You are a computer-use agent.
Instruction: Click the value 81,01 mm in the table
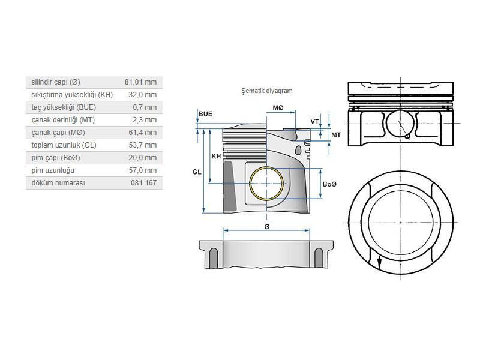coord(140,82)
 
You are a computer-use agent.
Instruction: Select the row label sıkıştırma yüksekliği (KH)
coord(72,95)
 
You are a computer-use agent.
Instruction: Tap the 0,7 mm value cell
coord(145,107)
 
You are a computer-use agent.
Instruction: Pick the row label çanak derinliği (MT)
coord(63,119)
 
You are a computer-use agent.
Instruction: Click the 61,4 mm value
coord(143,133)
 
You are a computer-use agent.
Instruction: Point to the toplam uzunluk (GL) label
coord(64,145)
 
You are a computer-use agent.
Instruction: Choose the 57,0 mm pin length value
coord(143,170)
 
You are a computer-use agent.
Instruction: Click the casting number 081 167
coord(143,183)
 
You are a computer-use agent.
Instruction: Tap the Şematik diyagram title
coord(267,91)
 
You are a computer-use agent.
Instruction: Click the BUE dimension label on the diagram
coord(205,114)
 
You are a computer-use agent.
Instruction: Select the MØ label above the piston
coord(278,108)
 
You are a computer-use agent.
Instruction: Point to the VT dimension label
coord(314,122)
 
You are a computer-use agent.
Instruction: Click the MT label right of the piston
coord(336,134)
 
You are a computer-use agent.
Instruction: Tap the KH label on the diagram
coord(216,156)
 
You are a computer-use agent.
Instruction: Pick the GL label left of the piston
coord(197,172)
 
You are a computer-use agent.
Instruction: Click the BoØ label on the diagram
coord(329,184)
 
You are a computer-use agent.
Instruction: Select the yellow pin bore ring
coord(266,184)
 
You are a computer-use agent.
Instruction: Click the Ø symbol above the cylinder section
coord(266,227)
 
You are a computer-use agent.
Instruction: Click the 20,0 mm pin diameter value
coord(143,158)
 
